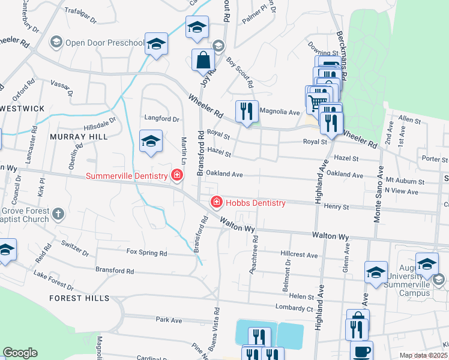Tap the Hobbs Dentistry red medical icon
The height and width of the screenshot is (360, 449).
tap(215, 203)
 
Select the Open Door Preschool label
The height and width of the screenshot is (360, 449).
tap(105, 43)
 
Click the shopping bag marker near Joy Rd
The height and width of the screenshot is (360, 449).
tap(203, 60)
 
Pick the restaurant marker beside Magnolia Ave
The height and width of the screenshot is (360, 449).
tap(245, 110)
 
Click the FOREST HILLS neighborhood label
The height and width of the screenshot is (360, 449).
tap(79, 298)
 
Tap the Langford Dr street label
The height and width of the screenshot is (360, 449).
tap(161, 119)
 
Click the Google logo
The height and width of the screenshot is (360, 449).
tap(20, 353)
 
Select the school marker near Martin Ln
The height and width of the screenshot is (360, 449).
tap(151, 142)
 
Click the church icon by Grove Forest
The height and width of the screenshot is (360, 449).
tap(58, 214)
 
